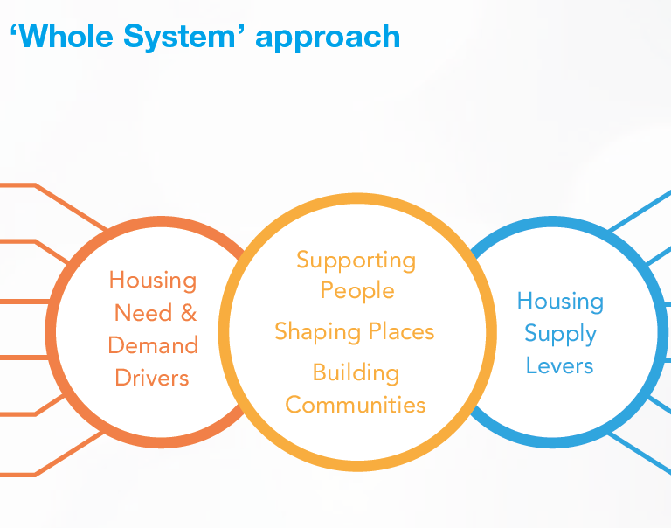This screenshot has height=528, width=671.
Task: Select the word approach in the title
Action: pyautogui.click(x=328, y=38)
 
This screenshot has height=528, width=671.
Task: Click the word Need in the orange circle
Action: pyautogui.click(x=143, y=313)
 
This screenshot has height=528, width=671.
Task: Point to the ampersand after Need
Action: pyautogui.click(x=189, y=313)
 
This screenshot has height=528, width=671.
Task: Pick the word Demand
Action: pyautogui.click(x=153, y=345)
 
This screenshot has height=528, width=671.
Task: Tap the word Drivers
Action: pyautogui.click(x=152, y=378)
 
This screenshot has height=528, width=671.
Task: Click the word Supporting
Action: pyautogui.click(x=356, y=261)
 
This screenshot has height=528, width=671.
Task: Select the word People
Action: pyautogui.click(x=357, y=291)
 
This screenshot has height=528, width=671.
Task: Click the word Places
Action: pyautogui.click(x=401, y=331)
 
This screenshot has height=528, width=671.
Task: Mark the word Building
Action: pyautogui.click(x=356, y=372)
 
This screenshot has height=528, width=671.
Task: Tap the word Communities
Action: pyautogui.click(x=356, y=405)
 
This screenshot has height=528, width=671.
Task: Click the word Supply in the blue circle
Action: pyautogui.click(x=561, y=334)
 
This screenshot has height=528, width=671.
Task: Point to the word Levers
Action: pyautogui.click(x=560, y=365)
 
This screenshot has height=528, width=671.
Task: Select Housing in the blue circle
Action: pyautogui.click(x=560, y=302)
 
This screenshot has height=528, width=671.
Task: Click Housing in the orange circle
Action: pyautogui.click(x=153, y=281)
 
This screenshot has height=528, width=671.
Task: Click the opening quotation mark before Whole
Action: pyautogui.click(x=13, y=30)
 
